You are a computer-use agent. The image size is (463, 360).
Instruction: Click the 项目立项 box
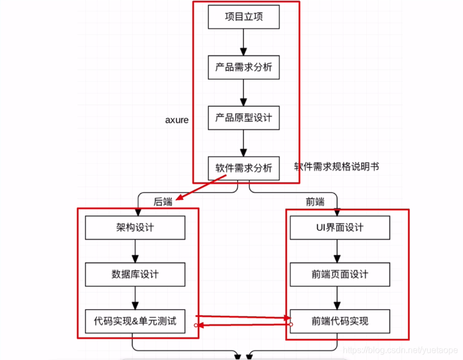[x=244, y=17]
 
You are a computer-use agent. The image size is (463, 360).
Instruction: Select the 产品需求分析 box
[x=244, y=67]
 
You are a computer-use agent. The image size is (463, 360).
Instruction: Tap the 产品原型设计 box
[x=244, y=118]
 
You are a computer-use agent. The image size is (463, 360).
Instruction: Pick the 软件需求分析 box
[x=244, y=168]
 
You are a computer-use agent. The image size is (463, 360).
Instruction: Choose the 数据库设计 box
[x=135, y=274]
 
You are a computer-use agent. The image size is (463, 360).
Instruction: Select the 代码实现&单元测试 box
[x=135, y=321]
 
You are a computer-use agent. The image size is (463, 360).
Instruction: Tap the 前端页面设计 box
[x=340, y=274]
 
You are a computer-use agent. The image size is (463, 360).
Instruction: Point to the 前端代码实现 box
[x=340, y=321]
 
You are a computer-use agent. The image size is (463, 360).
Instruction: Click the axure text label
[x=177, y=120]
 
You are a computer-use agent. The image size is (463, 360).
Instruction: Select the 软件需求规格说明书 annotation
[x=336, y=166]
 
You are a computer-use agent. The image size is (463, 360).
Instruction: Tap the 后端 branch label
[x=163, y=202]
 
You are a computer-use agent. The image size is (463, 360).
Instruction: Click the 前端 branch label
[x=315, y=202]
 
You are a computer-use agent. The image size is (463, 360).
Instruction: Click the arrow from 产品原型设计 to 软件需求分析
[x=244, y=143]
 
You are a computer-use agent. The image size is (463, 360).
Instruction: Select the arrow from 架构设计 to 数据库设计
[x=135, y=251]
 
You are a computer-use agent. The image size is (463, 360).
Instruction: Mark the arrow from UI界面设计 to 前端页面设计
[x=337, y=251]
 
